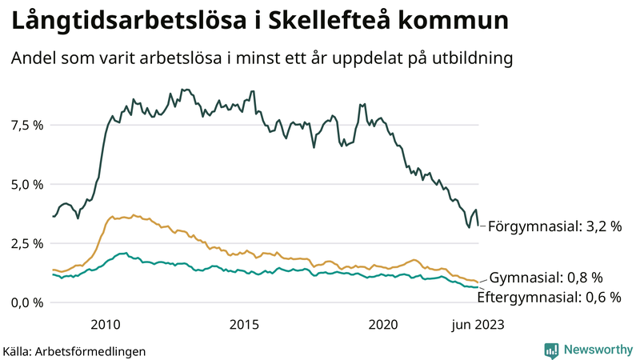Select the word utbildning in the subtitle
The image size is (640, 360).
tap(469, 59)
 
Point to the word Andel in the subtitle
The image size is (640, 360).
tap(32, 59)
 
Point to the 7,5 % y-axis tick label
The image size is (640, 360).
tap(26, 125)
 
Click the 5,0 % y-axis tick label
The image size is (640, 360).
tap(26, 184)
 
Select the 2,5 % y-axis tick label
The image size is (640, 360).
tap(26, 243)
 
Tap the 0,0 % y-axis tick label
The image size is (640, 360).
tap(26, 302)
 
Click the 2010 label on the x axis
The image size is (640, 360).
tap(106, 324)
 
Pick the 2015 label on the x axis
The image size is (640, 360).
tap(244, 324)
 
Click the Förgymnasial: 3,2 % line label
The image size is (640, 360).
tap(554, 226)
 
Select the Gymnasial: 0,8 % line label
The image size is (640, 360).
tap(545, 278)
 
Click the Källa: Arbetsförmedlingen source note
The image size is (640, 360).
tap(74, 350)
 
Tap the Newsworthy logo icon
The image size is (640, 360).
tap(552, 350)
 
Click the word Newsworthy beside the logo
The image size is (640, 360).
tap(597, 350)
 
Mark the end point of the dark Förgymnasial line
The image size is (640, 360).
tap(478, 225)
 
